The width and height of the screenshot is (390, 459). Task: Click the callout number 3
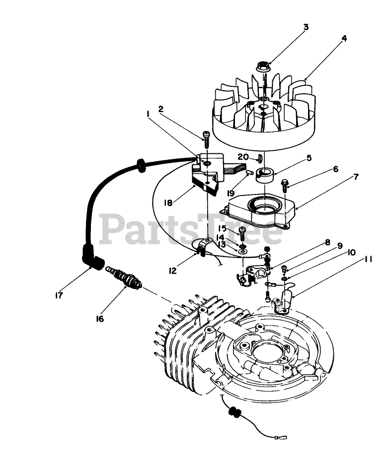(x=306, y=27)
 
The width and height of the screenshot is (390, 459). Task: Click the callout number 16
(x=100, y=318)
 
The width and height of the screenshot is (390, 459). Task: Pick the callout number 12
(x=172, y=270)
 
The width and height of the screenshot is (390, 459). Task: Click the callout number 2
(x=161, y=108)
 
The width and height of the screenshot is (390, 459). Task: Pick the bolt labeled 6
(x=284, y=186)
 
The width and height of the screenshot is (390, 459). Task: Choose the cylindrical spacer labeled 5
(x=264, y=174)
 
